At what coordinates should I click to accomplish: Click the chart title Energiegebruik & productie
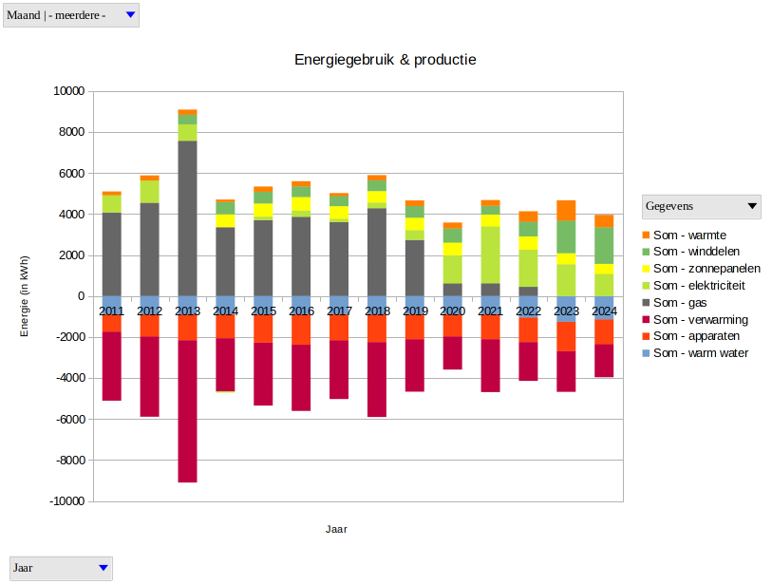click(x=385, y=60)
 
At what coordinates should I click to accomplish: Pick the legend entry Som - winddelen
click(x=697, y=252)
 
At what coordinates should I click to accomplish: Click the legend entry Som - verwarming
click(x=700, y=319)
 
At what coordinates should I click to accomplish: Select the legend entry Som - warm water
click(x=700, y=353)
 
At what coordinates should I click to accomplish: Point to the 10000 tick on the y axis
click(x=68, y=91)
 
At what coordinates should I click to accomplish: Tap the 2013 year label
click(x=187, y=311)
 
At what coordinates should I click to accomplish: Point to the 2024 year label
click(x=605, y=311)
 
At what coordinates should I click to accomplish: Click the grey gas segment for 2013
click(x=187, y=218)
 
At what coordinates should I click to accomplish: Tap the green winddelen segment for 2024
click(x=605, y=245)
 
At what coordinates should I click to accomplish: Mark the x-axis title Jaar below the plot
click(x=336, y=529)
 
